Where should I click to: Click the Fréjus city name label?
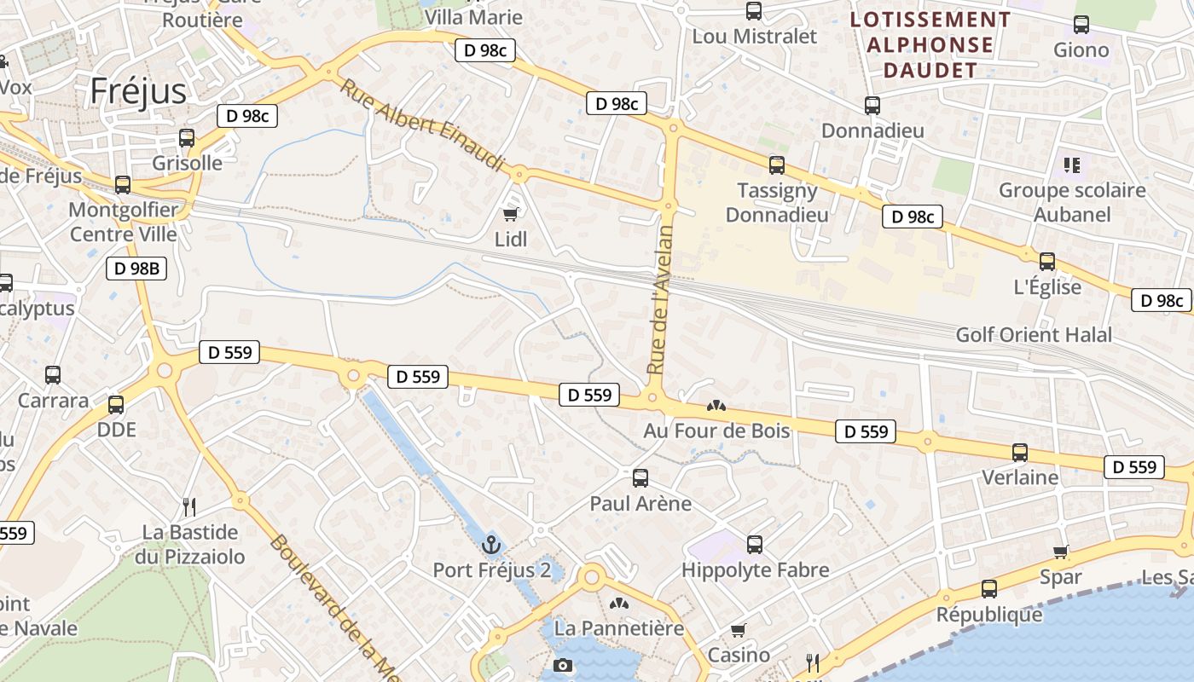(x=138, y=90)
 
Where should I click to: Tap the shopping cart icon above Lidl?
(x=511, y=214)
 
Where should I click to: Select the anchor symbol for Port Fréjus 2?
(x=490, y=544)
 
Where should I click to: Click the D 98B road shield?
(x=136, y=269)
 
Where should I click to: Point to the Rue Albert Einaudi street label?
(x=422, y=125)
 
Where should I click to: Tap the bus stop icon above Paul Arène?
(x=640, y=477)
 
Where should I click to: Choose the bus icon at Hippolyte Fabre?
(x=754, y=544)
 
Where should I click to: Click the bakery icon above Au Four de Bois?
(x=716, y=407)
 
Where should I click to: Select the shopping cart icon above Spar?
(x=1061, y=552)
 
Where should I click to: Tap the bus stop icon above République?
(x=989, y=588)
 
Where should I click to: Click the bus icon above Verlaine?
(x=1020, y=452)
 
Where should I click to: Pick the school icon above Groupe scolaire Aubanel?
(x=1071, y=165)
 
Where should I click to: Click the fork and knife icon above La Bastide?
(x=189, y=506)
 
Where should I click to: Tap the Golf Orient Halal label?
(x=1034, y=334)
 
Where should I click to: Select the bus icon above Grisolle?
(x=187, y=137)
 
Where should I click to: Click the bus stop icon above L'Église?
(x=1047, y=262)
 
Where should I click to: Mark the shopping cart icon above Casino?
(x=739, y=630)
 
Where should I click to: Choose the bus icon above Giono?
(x=1081, y=25)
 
